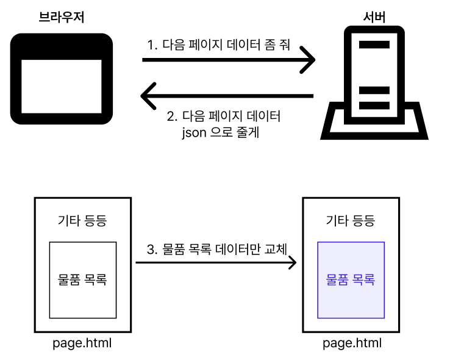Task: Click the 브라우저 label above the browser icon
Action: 61,18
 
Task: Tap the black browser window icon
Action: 62,78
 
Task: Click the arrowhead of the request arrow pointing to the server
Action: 310,60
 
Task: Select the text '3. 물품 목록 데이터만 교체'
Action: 217,249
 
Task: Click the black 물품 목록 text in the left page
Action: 82,280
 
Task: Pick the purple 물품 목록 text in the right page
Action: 351,280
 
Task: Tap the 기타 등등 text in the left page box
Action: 82,221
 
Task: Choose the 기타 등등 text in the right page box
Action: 351,221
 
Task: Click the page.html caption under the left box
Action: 82,344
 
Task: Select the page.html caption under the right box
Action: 352,344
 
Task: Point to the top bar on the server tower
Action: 374,44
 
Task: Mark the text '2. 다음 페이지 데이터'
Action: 224,116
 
